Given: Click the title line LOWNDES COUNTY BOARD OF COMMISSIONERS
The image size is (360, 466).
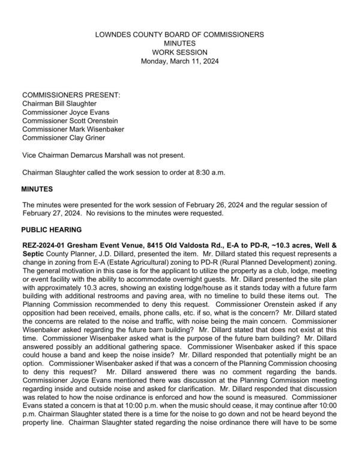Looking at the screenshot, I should click(179, 35).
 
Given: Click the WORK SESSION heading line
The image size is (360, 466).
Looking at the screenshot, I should click(179, 52).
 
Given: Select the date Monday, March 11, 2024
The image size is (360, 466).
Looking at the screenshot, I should click(179, 61).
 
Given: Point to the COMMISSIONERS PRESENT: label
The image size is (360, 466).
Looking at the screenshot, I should click(71, 95).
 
